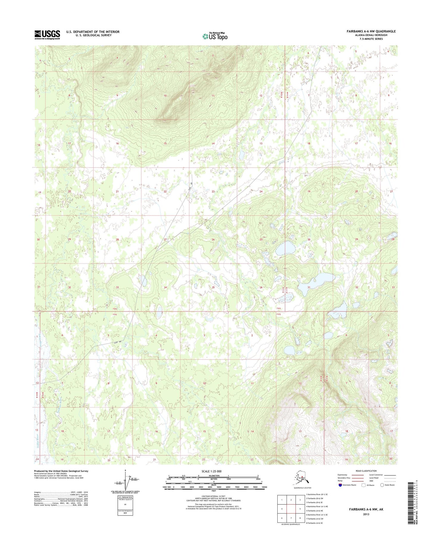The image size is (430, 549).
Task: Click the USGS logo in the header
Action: [47, 35]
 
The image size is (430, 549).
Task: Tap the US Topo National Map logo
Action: [215, 36]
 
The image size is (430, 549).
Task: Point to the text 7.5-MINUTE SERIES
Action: [371, 39]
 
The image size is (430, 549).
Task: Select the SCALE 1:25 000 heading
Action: [213, 471]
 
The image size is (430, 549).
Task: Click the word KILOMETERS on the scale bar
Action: [213, 476]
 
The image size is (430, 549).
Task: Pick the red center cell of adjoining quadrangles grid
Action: [291, 509]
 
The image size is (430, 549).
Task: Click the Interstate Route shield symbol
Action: [340, 485]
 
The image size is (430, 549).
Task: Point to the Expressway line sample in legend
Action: [359, 475]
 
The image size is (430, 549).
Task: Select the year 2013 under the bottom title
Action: [366, 514]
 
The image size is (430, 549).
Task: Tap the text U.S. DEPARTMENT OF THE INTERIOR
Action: [93, 32]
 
